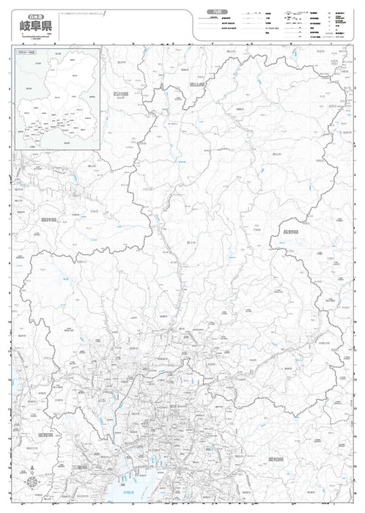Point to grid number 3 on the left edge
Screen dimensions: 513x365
pos(8,117)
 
